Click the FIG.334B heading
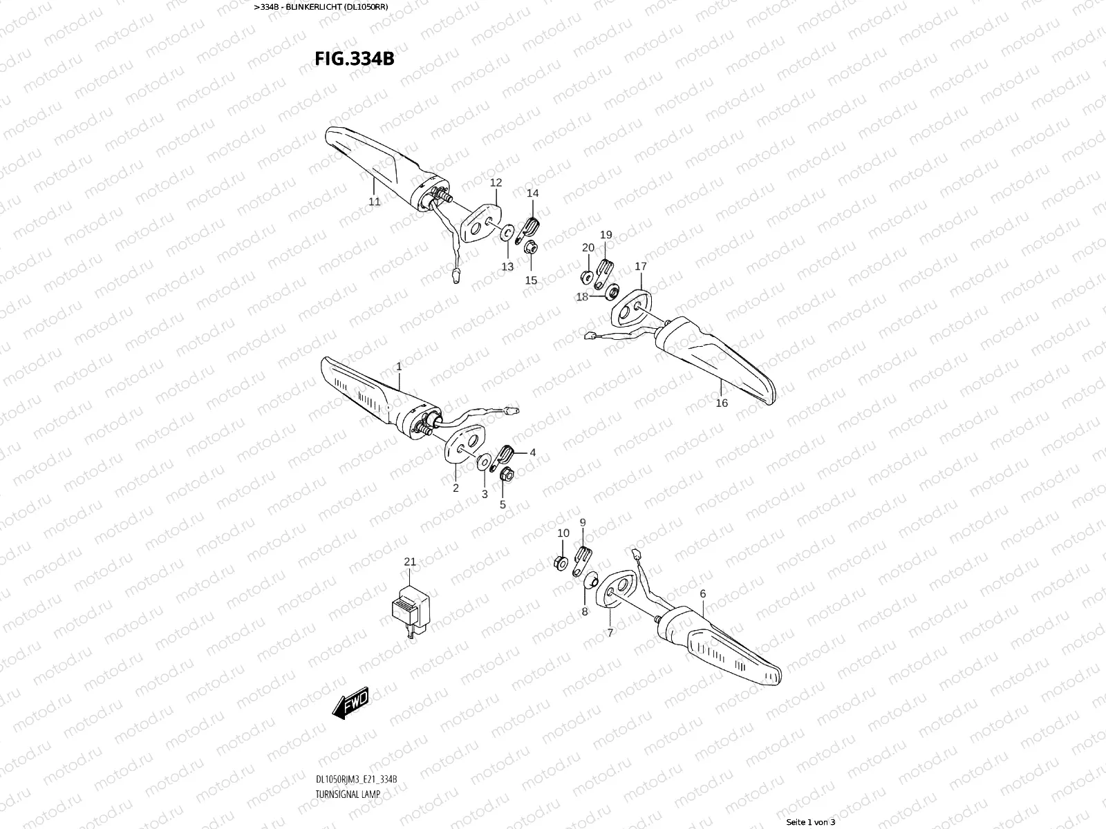(x=355, y=58)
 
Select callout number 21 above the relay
(x=410, y=562)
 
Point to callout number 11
(x=374, y=202)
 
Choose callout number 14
(x=532, y=193)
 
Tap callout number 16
(x=722, y=403)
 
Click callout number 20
(x=588, y=247)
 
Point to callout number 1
(x=399, y=367)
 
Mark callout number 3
(x=484, y=494)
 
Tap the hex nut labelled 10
(x=561, y=562)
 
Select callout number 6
(x=702, y=593)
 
